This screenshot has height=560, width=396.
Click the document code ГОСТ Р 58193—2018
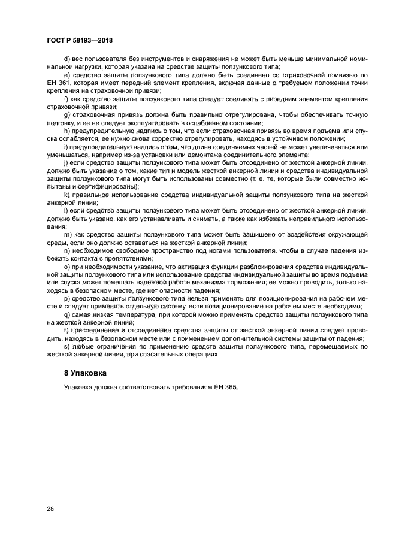click(80, 40)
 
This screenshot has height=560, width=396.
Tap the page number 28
click(50, 509)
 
